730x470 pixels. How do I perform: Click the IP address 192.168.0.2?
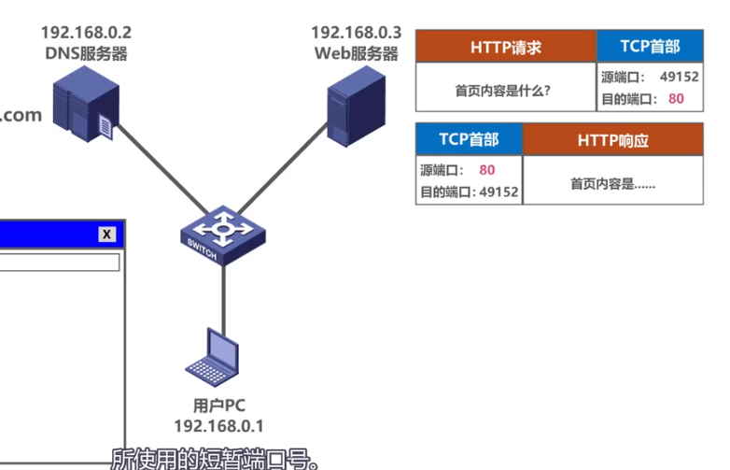pos(85,34)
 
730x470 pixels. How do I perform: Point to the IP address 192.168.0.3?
pos(356,34)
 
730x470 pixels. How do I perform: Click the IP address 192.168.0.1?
pos(218,426)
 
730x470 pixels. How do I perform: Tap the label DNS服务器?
pos(85,54)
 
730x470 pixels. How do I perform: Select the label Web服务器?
pos(356,54)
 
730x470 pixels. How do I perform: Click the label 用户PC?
pos(218,406)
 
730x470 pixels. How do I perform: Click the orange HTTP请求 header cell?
pos(506,47)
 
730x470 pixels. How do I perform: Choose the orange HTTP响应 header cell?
pos(612,140)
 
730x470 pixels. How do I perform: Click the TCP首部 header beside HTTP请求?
pos(650,47)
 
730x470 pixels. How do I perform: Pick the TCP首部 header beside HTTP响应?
pos(469,140)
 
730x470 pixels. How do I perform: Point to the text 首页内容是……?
pos(612,184)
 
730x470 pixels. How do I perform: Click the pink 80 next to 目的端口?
pos(677,98)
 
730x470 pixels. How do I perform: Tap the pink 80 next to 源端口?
pos(486,170)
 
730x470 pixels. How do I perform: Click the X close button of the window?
pos(107,235)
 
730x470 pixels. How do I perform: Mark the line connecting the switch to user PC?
pos(223,294)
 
